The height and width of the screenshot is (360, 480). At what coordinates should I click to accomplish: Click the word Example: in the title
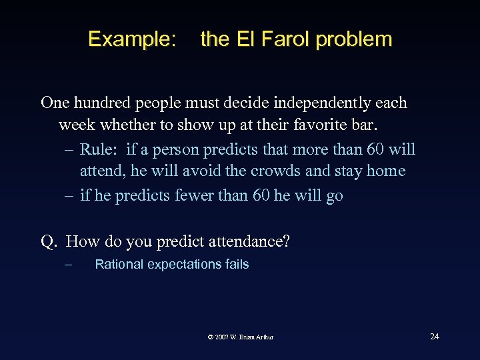[132, 39]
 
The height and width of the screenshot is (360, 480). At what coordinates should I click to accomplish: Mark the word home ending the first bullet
[385, 171]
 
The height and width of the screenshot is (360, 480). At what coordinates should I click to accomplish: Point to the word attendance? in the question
[249, 241]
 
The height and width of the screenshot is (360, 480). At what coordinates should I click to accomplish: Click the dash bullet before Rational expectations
[67, 265]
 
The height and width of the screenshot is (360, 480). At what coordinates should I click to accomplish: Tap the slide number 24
[434, 336]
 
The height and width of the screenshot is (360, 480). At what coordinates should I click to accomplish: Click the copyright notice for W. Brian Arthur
[240, 337]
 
